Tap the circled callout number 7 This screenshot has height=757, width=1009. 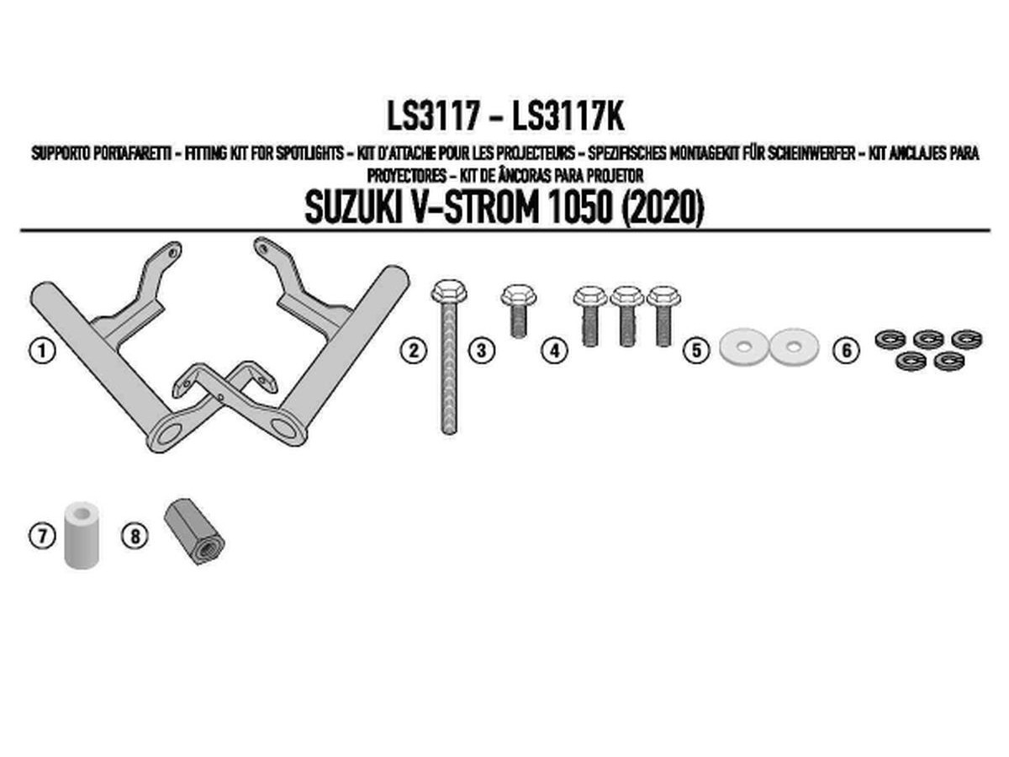click(x=41, y=535)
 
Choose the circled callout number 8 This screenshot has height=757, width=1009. click(x=135, y=535)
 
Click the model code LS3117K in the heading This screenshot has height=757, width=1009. click(x=568, y=118)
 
